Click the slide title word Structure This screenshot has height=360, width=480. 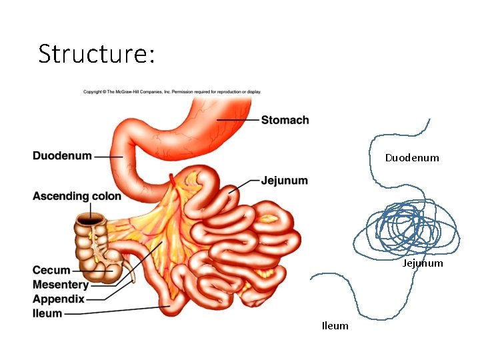[x=96, y=53]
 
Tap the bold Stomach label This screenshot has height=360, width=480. [x=285, y=120]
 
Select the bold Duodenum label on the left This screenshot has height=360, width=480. [x=62, y=156]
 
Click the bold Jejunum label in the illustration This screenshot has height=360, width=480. [x=285, y=180]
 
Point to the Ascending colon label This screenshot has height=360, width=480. [x=77, y=196]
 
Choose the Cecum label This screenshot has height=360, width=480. [x=51, y=270]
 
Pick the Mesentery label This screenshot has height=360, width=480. [x=60, y=285]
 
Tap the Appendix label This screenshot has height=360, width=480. [x=58, y=299]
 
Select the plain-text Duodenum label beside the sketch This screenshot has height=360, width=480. [x=412, y=158]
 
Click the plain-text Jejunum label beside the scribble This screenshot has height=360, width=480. [x=423, y=263]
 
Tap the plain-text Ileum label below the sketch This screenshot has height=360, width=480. [x=335, y=326]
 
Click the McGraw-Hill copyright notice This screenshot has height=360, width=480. [x=172, y=92]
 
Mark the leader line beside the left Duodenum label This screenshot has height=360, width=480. [x=107, y=157]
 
